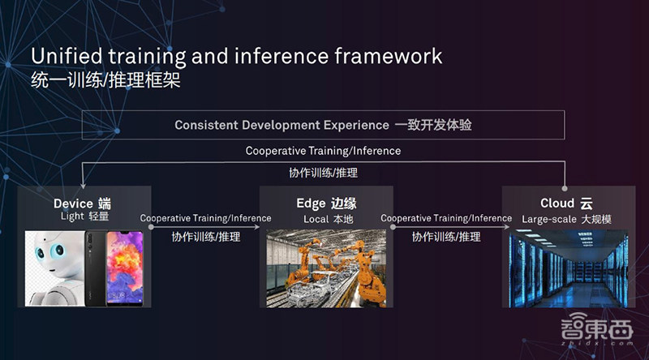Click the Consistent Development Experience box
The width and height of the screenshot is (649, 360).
(x=324, y=125)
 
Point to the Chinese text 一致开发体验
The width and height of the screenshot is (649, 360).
(x=433, y=125)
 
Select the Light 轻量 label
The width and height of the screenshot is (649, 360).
(x=84, y=216)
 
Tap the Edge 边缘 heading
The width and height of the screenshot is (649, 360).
(x=326, y=203)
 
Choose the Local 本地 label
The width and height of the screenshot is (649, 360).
(x=326, y=218)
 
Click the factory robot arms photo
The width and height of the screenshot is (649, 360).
(x=326, y=268)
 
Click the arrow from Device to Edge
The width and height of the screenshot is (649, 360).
(x=204, y=228)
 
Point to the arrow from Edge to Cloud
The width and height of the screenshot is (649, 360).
(x=446, y=228)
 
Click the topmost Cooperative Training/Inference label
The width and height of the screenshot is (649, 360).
(x=323, y=151)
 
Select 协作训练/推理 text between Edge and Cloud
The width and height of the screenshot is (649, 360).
(x=446, y=238)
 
